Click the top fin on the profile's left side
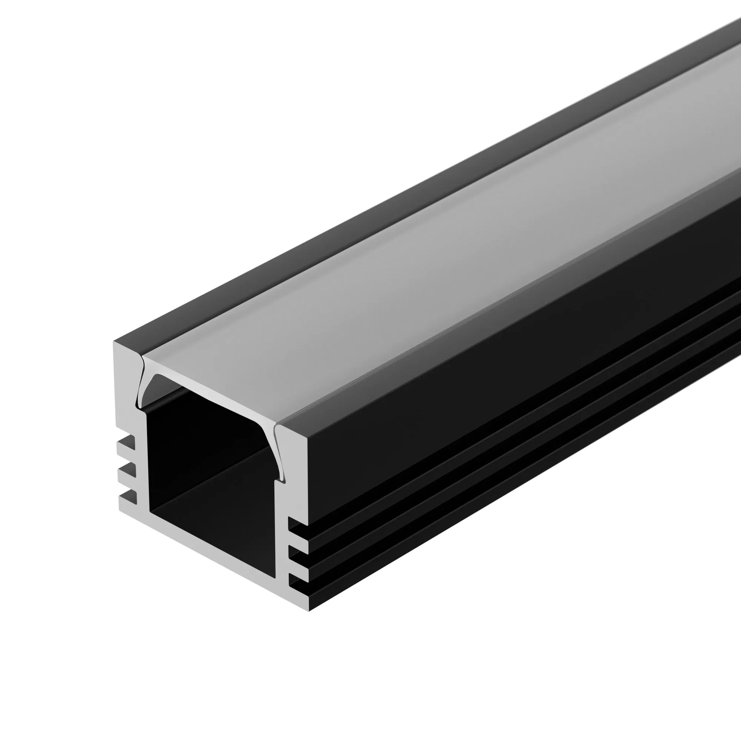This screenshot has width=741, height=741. click(x=126, y=445)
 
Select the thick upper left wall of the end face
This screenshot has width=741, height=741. click(x=127, y=383)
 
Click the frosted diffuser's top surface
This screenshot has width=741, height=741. click(x=383, y=269)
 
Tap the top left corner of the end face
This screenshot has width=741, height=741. click(x=114, y=341)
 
